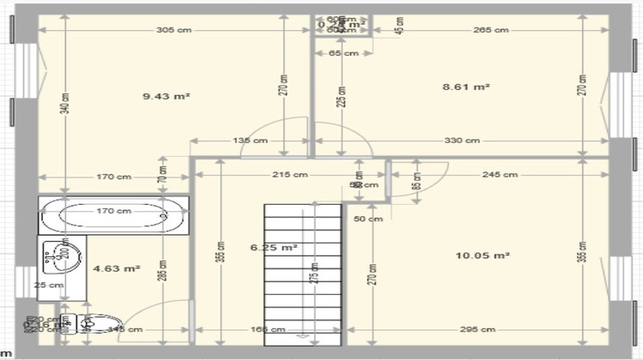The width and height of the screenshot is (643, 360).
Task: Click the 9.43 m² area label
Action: coord(165,96)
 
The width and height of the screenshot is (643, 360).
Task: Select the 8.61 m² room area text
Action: coord(466,87)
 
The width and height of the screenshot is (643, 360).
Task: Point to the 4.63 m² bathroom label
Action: coord(117,268)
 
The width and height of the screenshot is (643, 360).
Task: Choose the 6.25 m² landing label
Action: coord(273,247)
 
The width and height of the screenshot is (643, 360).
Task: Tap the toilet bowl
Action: coord(99,323)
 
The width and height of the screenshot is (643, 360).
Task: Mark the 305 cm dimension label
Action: coord(174,30)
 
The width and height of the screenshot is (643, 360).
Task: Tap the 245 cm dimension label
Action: coord(500,175)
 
